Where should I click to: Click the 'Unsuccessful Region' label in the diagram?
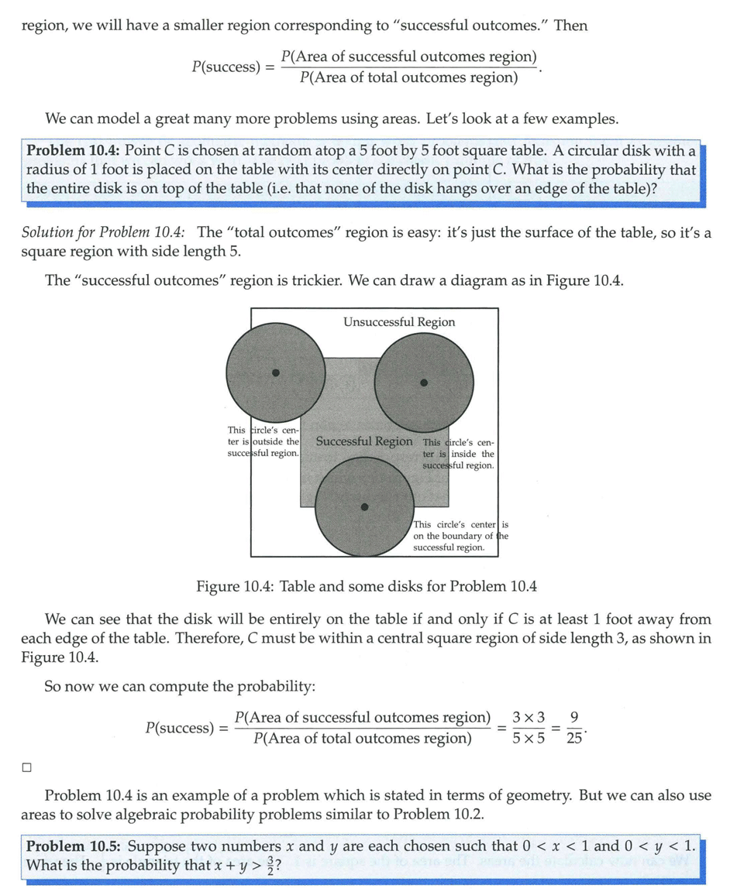click(399, 322)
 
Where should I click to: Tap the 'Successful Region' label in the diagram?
click(364, 441)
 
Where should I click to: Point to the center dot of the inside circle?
click(423, 382)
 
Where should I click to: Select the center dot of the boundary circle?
click(365, 507)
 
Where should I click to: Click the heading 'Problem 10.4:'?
click(74, 150)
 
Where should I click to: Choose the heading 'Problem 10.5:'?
click(74, 846)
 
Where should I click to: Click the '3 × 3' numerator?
click(528, 718)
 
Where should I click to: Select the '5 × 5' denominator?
click(528, 738)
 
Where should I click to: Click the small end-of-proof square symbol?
click(27, 767)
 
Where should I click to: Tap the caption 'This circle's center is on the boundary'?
click(460, 536)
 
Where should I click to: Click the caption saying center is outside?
click(263, 441)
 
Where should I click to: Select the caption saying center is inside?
click(458, 454)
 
